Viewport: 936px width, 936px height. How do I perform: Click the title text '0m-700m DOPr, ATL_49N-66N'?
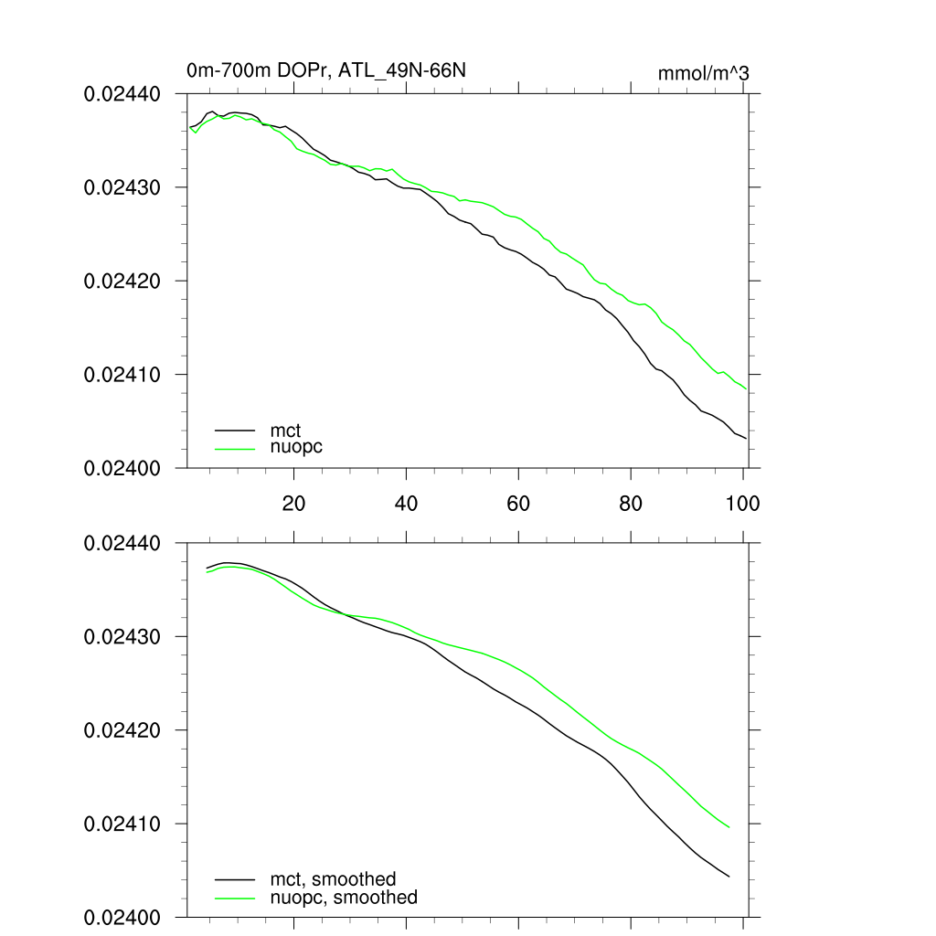click(327, 70)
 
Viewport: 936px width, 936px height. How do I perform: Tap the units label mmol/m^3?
click(703, 73)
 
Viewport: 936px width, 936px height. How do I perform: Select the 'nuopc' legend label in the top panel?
click(296, 447)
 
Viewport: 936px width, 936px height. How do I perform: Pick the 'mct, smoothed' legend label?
click(333, 879)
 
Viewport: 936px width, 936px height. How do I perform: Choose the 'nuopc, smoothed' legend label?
click(344, 898)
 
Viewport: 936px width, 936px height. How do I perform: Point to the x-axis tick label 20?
click(293, 503)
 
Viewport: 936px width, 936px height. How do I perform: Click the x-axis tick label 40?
click(406, 503)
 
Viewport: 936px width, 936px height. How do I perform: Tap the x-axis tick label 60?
click(518, 503)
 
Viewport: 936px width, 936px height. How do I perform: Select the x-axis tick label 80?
click(631, 503)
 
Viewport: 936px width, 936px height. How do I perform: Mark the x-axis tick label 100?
click(741, 503)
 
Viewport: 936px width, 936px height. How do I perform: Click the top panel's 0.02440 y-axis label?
click(122, 93)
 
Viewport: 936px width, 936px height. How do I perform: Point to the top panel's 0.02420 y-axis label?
click(122, 281)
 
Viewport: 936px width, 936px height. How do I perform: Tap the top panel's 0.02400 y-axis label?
click(122, 468)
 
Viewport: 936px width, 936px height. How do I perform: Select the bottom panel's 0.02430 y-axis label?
click(122, 636)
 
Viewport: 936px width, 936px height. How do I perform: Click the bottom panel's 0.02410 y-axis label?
click(122, 824)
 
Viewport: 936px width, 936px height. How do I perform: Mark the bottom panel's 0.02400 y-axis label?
click(122, 917)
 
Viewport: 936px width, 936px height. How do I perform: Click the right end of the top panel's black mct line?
click(746, 439)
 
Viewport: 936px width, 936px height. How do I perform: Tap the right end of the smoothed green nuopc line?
click(729, 827)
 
